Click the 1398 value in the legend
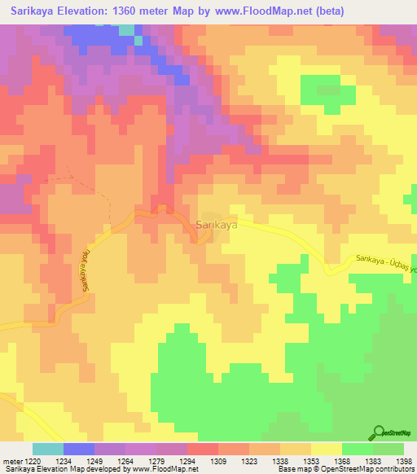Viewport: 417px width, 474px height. [x=404, y=461]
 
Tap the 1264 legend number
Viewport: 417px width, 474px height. [x=125, y=461]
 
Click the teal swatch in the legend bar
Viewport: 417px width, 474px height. [x=48, y=449]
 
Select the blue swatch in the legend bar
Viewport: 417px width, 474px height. [x=79, y=449]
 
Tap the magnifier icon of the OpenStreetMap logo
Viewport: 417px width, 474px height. [x=379, y=434]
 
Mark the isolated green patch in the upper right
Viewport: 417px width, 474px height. [x=320, y=90]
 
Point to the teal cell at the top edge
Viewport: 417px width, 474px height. [x=127, y=29]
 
